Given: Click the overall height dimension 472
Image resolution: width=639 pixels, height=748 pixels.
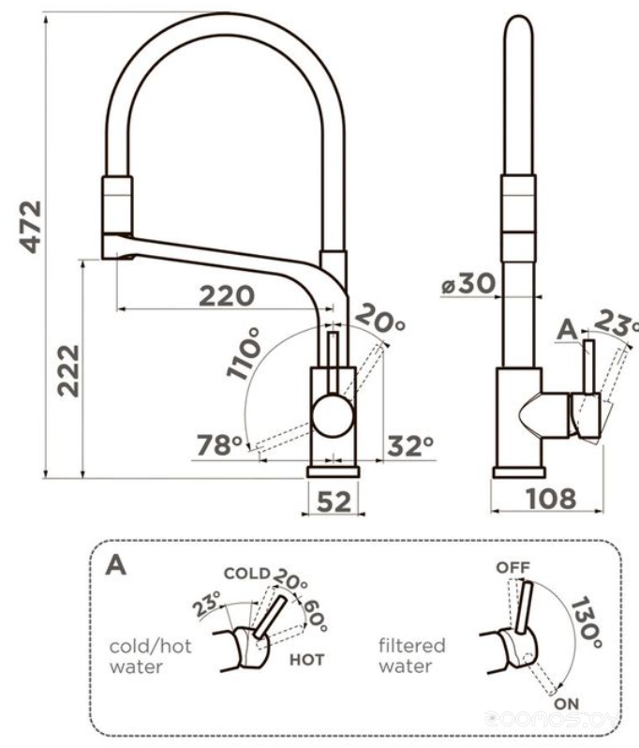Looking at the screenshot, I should click(32, 225).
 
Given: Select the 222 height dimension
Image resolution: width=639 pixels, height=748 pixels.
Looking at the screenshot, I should click(67, 371).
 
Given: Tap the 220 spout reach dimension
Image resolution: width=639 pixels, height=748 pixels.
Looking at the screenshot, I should click(226, 296).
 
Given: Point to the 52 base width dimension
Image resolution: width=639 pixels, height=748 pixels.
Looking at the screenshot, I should click(333, 502).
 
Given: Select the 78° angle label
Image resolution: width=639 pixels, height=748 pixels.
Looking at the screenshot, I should click(219, 445).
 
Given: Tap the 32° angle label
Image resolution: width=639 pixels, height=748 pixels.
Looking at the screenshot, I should click(410, 446).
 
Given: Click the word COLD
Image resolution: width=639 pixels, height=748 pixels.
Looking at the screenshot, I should click(245, 574).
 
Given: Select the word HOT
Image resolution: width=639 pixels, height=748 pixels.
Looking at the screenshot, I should click(306, 660).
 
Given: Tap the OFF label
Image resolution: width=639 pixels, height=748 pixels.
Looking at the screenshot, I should click(513, 567).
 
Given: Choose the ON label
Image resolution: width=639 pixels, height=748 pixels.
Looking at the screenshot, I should click(565, 702).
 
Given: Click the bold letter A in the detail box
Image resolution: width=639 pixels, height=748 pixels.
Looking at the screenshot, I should click(116, 565).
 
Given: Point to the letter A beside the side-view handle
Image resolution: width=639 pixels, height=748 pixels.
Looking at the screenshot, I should click(565, 329).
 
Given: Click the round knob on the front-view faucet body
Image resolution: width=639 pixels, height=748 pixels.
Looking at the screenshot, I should click(333, 414).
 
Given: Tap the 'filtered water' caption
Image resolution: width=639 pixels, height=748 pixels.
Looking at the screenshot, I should click(411, 656).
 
